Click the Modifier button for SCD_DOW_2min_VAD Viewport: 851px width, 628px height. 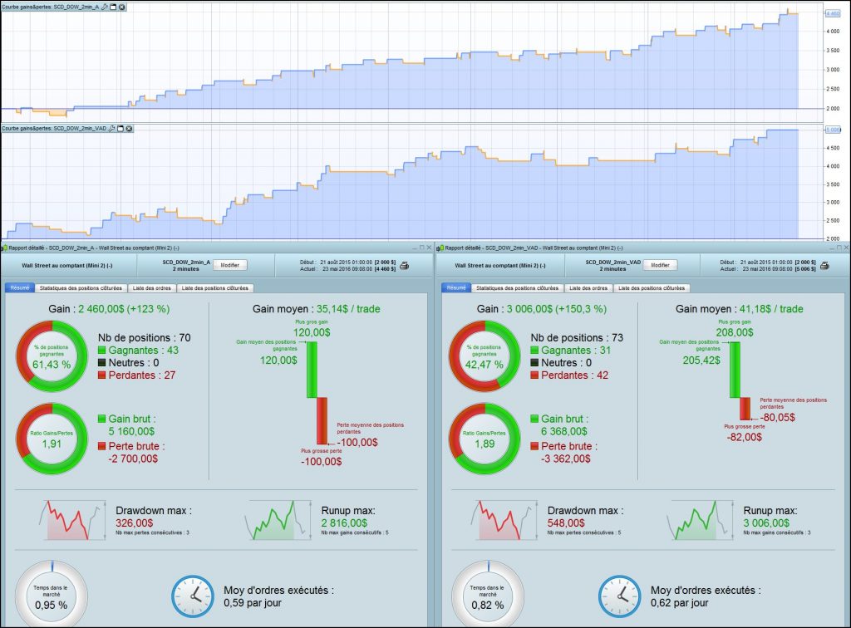point(660,265)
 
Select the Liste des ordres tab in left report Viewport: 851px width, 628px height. point(148,288)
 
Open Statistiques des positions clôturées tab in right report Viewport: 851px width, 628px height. point(518,288)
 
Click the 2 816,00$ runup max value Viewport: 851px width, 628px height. point(343,523)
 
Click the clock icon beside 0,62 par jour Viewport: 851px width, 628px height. point(622,596)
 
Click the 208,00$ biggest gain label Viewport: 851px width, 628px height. point(735,332)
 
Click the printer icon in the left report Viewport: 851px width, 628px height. point(405,265)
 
